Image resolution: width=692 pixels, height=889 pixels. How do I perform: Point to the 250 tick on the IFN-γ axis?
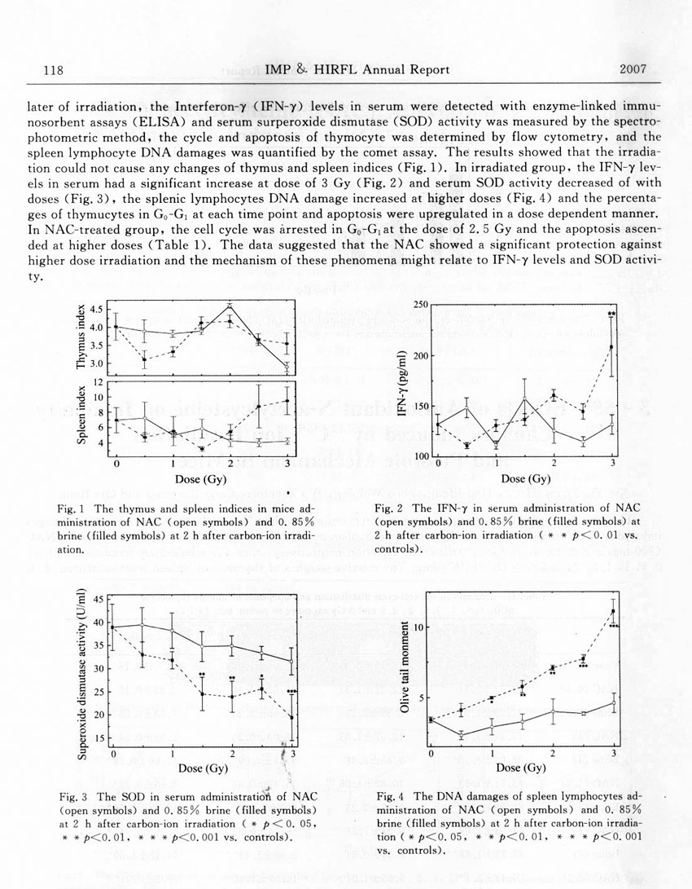click(x=422, y=304)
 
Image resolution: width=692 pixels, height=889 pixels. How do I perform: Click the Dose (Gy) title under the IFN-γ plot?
click(x=524, y=478)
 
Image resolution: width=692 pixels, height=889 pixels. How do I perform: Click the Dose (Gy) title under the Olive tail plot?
click(x=521, y=768)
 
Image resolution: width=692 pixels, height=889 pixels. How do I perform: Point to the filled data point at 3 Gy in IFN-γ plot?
click(x=611, y=347)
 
